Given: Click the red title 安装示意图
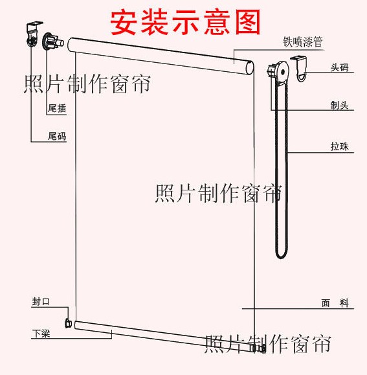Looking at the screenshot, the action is [185, 22].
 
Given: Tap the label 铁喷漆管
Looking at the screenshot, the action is [303, 42].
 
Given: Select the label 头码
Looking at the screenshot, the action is [340, 67].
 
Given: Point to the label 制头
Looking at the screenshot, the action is [340, 105].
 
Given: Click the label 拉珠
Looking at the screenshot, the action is [340, 146].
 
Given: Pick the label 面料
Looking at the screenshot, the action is [335, 303].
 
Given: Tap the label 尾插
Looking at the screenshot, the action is [57, 108].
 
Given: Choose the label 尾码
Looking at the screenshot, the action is [57, 136].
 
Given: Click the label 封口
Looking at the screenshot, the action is [41, 301].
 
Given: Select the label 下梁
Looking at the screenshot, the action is [41, 334].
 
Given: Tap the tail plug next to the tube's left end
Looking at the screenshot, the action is [53, 42].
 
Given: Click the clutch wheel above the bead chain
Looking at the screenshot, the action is [278, 71].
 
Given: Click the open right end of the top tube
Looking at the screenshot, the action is [250, 68].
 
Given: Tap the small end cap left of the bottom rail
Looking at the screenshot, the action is [69, 323].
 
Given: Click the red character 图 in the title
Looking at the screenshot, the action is [247, 22].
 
